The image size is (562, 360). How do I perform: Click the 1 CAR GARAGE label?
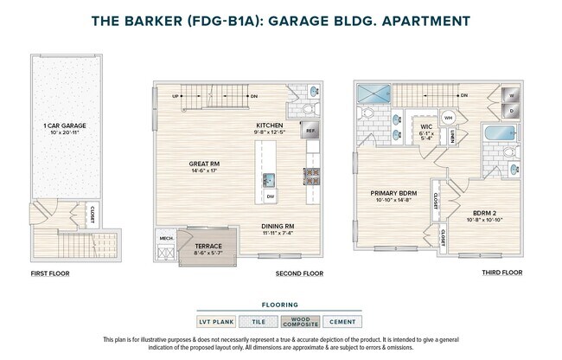click(x=64, y=126)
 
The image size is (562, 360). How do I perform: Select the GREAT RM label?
click(x=206, y=163)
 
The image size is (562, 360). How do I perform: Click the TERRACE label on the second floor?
click(x=208, y=247)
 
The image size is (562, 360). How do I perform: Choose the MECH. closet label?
click(x=164, y=238)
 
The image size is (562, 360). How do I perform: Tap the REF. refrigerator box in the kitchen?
click(x=310, y=132)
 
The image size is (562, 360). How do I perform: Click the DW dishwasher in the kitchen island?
click(x=271, y=197)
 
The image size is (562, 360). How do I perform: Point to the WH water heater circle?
click(x=448, y=118)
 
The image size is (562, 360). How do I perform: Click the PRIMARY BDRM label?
click(x=393, y=193)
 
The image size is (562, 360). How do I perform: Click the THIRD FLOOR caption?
click(x=501, y=273)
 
